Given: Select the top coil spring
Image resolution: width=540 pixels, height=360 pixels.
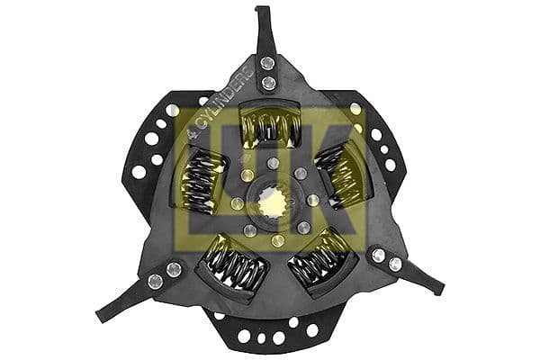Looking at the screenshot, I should point(269,125).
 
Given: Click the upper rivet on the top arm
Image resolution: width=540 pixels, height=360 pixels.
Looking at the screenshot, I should point(267,62).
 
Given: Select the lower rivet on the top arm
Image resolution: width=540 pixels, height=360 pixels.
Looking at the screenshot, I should point(268,83).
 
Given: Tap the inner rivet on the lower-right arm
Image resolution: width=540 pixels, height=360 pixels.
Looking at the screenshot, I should point(378,256).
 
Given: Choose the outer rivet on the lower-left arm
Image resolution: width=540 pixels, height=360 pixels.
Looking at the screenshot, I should point(155,282).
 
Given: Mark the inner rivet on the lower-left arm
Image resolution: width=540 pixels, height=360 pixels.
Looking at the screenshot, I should point(174,269).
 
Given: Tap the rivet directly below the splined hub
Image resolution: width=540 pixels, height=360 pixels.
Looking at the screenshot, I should point(278,240).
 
